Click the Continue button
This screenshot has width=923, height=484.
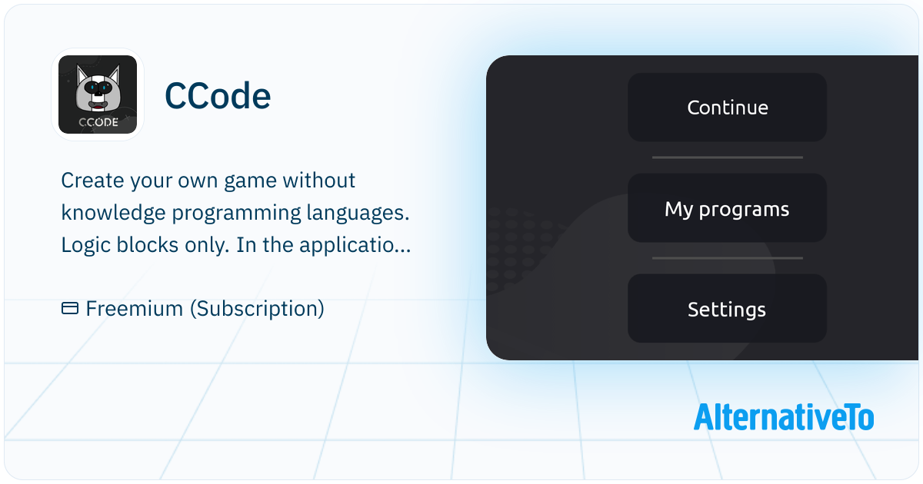pos(728,108)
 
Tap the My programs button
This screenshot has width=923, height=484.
pos(728,208)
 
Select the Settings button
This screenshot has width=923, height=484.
pos(728,309)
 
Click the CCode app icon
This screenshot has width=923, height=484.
pos(98,94)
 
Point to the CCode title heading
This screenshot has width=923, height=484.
pos(218,96)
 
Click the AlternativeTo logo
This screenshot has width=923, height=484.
pos(783,417)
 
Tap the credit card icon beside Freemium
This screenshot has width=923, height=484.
pos(70,308)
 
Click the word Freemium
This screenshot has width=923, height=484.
pos(135,308)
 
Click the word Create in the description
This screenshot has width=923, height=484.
pos(92,181)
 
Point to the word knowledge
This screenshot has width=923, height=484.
pos(113,213)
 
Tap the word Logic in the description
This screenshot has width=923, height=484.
pos(85,245)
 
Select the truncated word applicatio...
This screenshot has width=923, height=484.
pos(355,245)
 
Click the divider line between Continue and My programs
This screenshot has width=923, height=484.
pos(728,157)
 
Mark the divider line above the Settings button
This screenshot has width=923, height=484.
pos(728,258)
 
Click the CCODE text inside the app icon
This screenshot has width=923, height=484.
pos(98,122)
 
